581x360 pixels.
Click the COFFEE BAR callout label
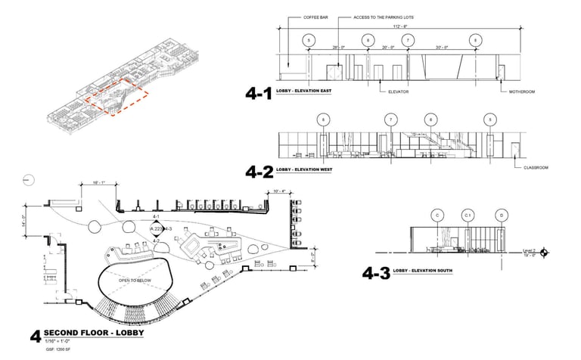click(x=316, y=16)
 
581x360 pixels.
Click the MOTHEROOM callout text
click(x=520, y=92)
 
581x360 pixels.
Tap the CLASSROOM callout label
click(x=536, y=167)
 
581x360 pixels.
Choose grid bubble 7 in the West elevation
click(x=391, y=119)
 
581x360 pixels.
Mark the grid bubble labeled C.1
click(x=468, y=215)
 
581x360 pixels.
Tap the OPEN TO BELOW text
click(x=135, y=280)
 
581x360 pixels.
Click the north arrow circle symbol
click(x=26, y=179)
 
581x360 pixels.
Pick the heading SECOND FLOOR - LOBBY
click(x=94, y=334)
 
